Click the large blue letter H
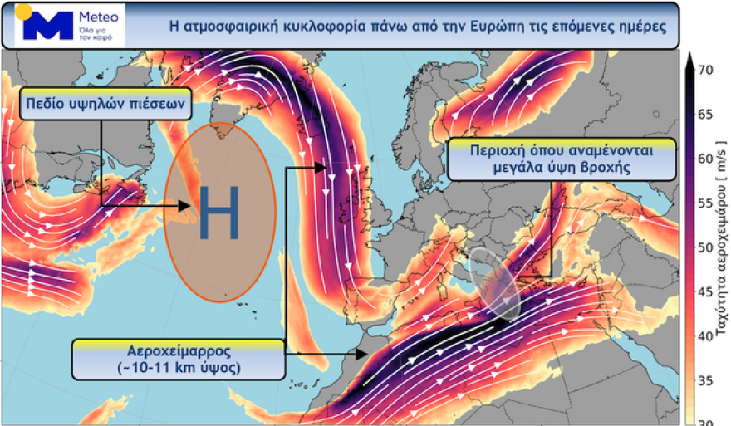pos(219,213)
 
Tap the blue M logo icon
pos(49,27)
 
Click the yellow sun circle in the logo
pos(22,11)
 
